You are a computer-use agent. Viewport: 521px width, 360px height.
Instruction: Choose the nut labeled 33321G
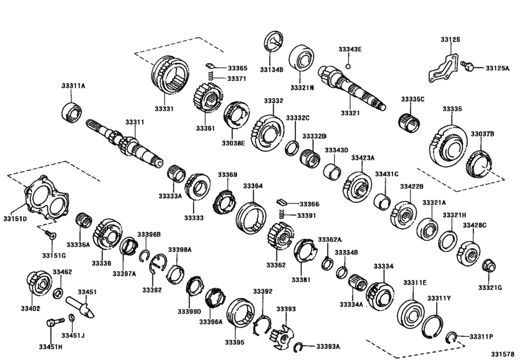pyautogui.click(x=488, y=265)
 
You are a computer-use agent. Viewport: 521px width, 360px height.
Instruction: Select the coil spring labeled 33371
pyautogui.click(x=210, y=78)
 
